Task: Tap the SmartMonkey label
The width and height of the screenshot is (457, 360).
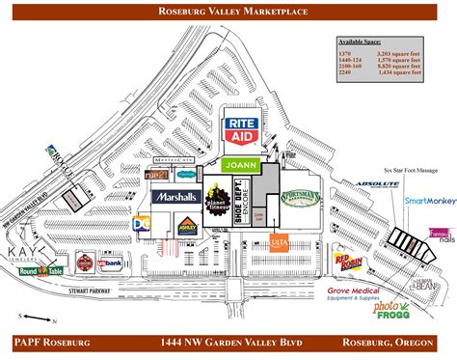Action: point(429,201)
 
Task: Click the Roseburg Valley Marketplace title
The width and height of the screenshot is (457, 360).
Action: point(228,11)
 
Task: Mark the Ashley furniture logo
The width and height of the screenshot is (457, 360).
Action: point(187,224)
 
